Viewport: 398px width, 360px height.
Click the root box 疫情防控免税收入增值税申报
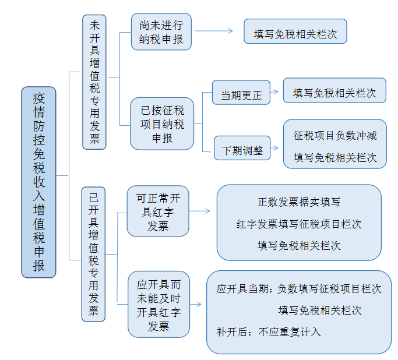[38, 182]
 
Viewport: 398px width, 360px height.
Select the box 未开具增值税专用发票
[94, 82]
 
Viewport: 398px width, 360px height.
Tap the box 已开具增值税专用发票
[93, 254]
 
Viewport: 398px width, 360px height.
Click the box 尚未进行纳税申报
[161, 31]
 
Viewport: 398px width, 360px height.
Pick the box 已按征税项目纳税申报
[162, 124]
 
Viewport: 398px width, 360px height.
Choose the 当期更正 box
[241, 93]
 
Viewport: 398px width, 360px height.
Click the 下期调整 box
[242, 148]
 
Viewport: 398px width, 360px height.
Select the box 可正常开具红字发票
[158, 211]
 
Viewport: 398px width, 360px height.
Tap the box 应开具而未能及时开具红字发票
[159, 304]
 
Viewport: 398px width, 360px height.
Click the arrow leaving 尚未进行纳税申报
[214, 31]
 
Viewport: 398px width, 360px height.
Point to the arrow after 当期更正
[274, 92]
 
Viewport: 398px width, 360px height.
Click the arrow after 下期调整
[274, 148]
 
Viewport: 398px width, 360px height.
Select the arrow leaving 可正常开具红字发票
[200, 211]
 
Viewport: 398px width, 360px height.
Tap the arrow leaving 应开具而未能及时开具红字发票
[196, 304]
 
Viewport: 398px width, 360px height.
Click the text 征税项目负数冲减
[335, 136]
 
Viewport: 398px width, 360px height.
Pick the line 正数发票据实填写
[299, 202]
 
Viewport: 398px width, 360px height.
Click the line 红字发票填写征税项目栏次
[299, 224]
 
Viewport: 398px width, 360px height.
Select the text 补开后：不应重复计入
[269, 332]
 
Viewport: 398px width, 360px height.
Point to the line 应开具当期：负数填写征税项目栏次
[299, 289]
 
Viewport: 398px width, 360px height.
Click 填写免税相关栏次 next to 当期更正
[334, 93]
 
